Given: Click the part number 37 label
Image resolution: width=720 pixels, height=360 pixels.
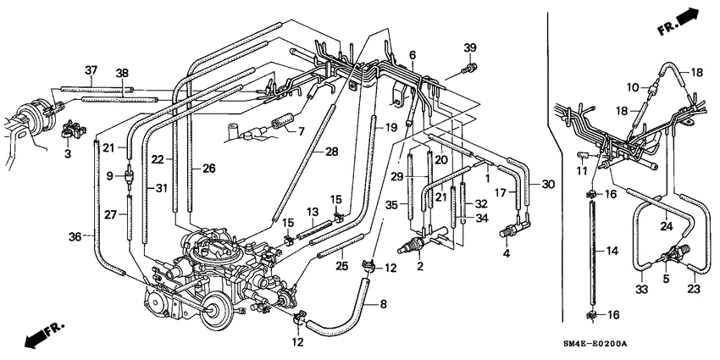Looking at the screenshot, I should [91, 69].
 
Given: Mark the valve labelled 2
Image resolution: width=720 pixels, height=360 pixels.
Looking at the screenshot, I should [410, 246].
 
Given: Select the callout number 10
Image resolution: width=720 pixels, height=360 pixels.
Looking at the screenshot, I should [631, 86].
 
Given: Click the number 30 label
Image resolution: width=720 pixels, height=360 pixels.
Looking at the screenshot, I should [547, 185].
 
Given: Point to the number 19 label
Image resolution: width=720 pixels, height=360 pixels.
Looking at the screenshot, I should [391, 126].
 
